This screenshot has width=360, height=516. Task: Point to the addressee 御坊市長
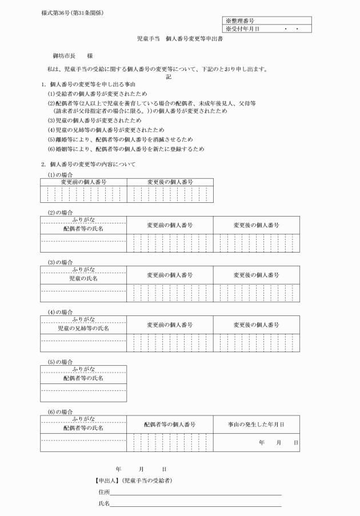[63, 57]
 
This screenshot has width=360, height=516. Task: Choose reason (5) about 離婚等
[119, 139]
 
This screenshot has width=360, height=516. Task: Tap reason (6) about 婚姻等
[125, 149]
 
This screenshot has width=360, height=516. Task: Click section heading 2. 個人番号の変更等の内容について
[88, 164]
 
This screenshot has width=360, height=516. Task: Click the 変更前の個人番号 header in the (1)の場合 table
[83, 182]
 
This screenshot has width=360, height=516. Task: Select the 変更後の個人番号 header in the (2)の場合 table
[256, 225]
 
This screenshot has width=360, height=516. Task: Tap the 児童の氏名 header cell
[83, 278]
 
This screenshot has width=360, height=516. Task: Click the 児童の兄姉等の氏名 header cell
[83, 329]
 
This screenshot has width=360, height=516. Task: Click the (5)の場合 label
[59, 362]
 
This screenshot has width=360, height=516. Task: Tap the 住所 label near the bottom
[104, 491]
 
